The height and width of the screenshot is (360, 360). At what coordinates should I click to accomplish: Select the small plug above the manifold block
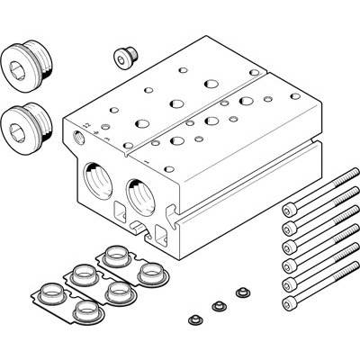[124, 57]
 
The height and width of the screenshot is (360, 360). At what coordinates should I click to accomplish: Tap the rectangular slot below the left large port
[117, 212]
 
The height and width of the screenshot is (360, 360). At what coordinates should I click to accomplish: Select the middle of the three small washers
[216, 306]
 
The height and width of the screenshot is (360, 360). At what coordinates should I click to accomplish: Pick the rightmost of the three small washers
[240, 292]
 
